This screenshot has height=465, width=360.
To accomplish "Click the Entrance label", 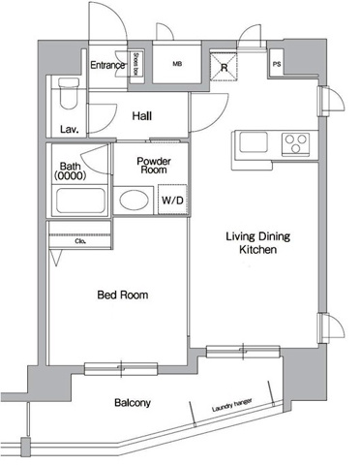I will [x=107, y=66].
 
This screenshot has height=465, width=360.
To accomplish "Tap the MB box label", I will [x=177, y=65].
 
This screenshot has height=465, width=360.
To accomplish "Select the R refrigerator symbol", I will [x=224, y=68].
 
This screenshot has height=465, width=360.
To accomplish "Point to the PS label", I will [x=278, y=65].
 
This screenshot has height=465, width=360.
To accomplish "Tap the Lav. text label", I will [x=69, y=129].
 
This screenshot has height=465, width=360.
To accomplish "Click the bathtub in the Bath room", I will [x=80, y=201].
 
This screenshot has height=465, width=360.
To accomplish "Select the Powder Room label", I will [x=153, y=165].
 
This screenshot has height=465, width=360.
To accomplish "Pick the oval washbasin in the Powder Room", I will [x=135, y=201].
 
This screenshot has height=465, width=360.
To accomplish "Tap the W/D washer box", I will [x=172, y=200].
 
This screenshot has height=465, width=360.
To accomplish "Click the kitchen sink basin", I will [x=255, y=144].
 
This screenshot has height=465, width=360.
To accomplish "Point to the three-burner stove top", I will [x=296, y=144].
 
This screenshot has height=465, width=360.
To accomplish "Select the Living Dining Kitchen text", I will [x=258, y=242].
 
